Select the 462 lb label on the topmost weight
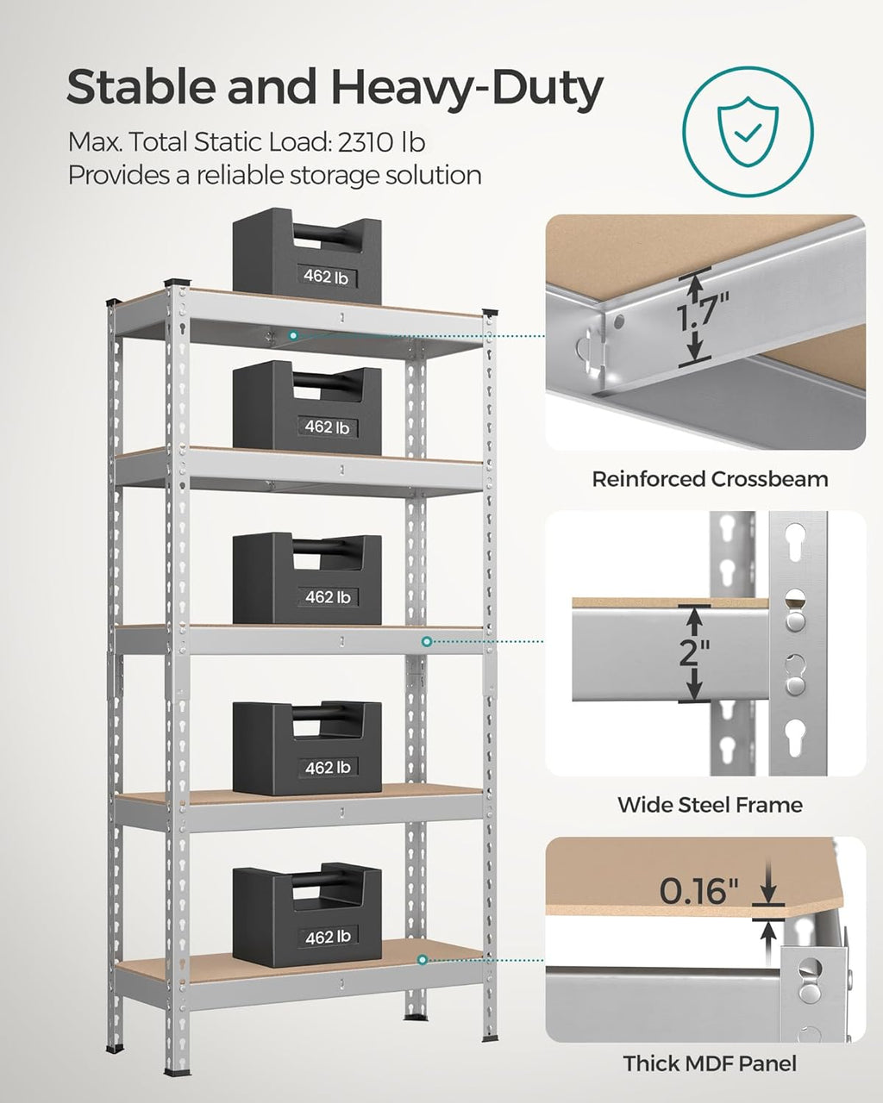(x=325, y=277)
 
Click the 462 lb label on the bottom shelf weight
(x=327, y=937)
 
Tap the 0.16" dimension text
(x=699, y=891)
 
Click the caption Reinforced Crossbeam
(x=709, y=479)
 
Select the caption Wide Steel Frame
(x=709, y=805)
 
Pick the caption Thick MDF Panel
(x=709, y=1063)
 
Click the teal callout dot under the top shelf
(x=293, y=335)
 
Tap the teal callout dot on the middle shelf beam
(x=426, y=641)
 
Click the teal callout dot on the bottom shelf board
(x=423, y=959)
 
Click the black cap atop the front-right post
(x=491, y=312)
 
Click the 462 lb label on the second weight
(x=326, y=427)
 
